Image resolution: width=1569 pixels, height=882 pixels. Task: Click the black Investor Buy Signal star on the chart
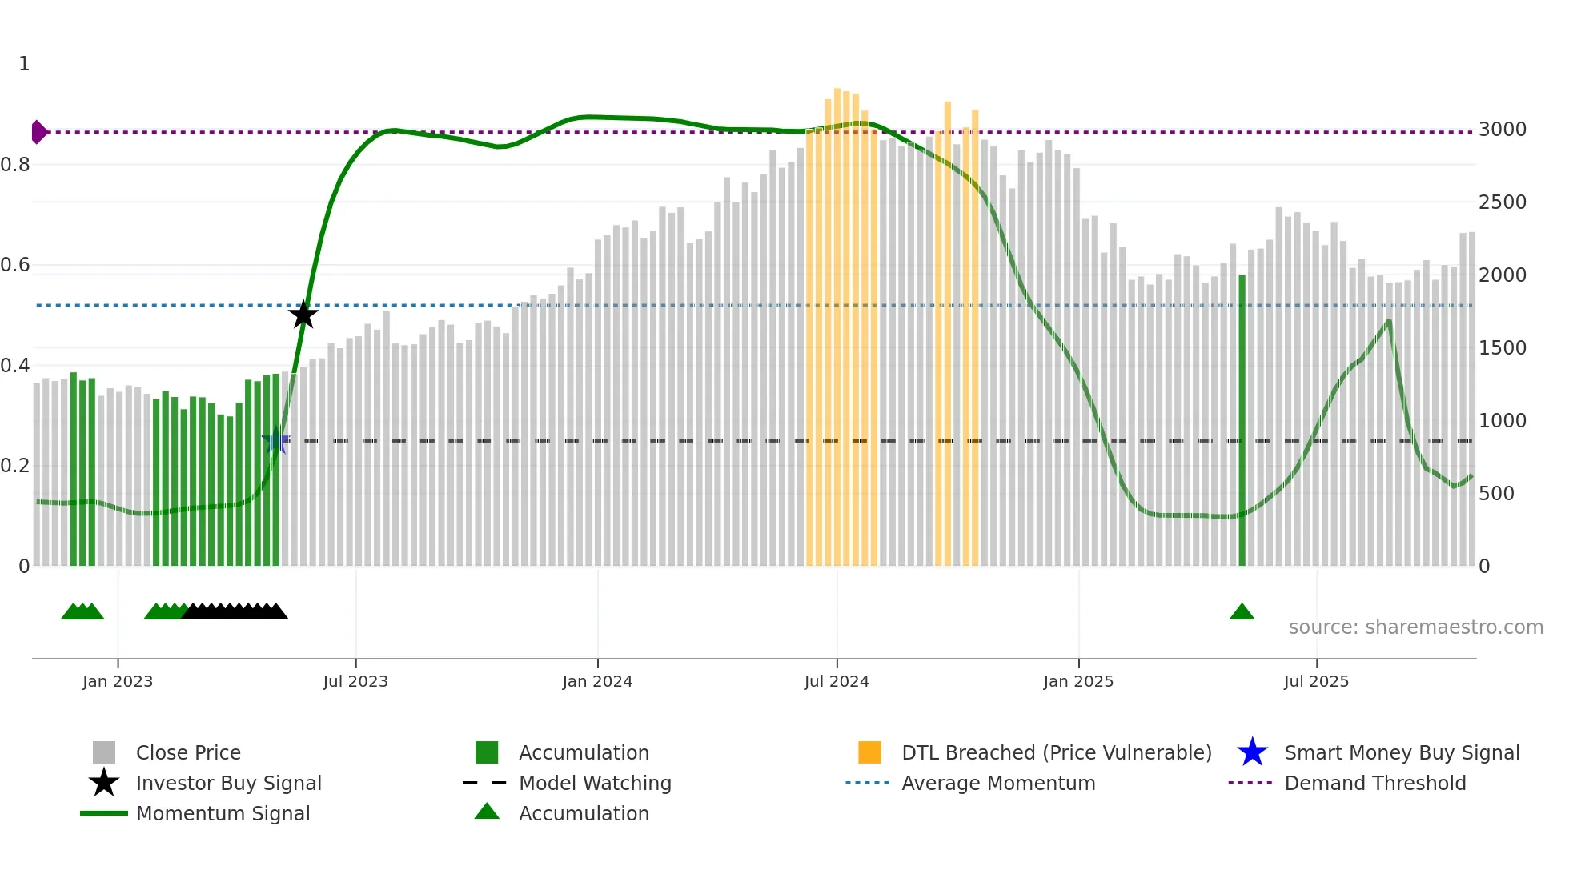coord(303,315)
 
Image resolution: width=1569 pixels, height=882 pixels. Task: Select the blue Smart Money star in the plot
coord(276,440)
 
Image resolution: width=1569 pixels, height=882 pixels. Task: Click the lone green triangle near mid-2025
coord(1242,612)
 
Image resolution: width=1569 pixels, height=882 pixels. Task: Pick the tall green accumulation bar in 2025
coord(1242,420)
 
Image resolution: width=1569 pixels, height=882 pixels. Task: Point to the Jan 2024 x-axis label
coord(597,681)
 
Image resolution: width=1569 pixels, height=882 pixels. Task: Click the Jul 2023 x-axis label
coord(355,681)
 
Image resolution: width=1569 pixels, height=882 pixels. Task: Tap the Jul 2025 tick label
coord(1316,681)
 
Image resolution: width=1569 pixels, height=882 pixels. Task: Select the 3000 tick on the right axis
coord(1502,130)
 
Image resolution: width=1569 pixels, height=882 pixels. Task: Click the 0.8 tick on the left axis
coord(16,165)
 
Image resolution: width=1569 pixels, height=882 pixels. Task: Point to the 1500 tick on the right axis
coord(1502,348)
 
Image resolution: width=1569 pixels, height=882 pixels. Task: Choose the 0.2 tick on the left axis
coord(16,466)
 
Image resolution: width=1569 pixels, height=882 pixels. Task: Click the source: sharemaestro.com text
coord(1415,627)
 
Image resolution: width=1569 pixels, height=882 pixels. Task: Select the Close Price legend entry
coord(188,752)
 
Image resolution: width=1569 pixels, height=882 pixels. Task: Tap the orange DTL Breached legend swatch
coord(869,752)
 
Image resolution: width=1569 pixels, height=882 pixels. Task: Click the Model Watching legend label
coord(595,783)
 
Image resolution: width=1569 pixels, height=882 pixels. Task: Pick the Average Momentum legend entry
coord(998,783)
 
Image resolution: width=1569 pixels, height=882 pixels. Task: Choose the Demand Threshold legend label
coord(1374,783)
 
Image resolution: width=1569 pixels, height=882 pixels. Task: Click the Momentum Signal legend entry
coord(223,813)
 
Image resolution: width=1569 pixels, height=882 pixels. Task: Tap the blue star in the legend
coord(1252,752)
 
